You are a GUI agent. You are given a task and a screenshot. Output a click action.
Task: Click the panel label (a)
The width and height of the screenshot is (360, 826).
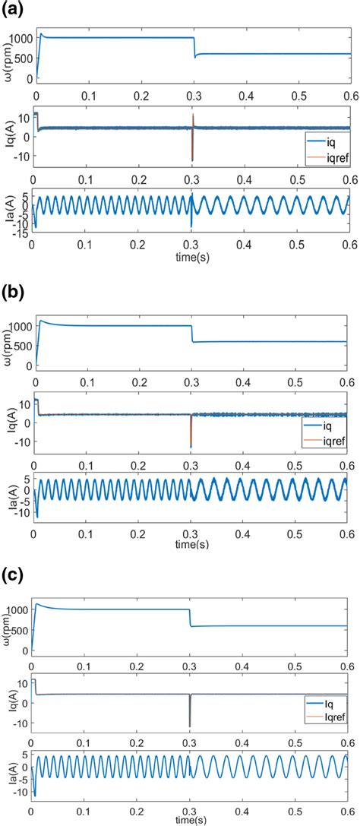[13, 9]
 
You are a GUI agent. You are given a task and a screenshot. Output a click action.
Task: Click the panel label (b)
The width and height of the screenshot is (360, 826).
[13, 294]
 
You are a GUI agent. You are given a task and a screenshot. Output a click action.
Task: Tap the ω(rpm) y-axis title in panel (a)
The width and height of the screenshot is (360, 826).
[8, 57]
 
